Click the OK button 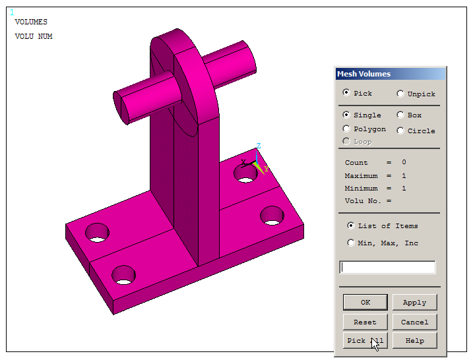click(x=365, y=303)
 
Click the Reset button click(x=365, y=322)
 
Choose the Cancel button click(x=414, y=322)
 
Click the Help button click(x=414, y=341)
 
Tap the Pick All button click(x=365, y=341)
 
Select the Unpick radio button click(x=400, y=94)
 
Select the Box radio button click(x=400, y=115)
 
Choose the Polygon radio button click(x=347, y=129)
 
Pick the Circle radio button click(x=400, y=131)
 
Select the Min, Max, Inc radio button click(x=351, y=243)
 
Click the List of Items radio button click(x=351, y=225)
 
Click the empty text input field click(x=387, y=267)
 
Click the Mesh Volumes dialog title click(x=364, y=74)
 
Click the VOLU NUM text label click(x=34, y=37)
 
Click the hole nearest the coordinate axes click(x=245, y=175)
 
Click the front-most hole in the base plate click(x=123, y=275)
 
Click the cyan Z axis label click(x=259, y=146)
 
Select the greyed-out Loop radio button click(x=347, y=141)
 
